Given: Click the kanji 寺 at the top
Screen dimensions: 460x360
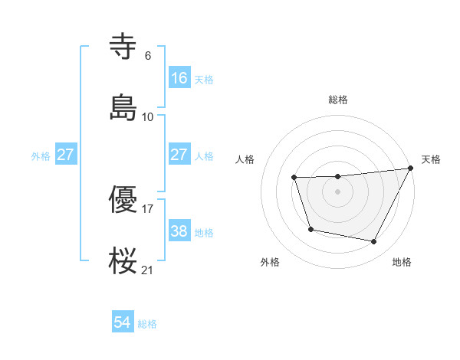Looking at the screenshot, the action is (124, 48).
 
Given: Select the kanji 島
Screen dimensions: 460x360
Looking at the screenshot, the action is (124, 106).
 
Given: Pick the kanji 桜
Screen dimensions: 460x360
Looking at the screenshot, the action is (124, 259).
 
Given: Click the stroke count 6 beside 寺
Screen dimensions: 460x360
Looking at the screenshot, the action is (148, 56).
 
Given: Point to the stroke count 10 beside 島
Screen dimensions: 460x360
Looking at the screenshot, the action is (148, 116).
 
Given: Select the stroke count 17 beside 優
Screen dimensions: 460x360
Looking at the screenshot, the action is (148, 208).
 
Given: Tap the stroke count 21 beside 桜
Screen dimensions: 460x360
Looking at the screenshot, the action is (148, 269).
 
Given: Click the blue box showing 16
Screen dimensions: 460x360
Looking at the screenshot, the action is (179, 77).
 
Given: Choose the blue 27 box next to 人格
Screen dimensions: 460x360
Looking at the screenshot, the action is (179, 155).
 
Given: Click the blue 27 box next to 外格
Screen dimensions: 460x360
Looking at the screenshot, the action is (66, 155).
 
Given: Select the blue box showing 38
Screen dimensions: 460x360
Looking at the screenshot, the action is (179, 231).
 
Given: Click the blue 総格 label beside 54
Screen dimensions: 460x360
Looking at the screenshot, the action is (147, 324).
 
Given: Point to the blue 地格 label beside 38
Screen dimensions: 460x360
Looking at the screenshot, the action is (204, 232).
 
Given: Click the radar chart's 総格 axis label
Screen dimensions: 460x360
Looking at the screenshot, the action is (338, 100).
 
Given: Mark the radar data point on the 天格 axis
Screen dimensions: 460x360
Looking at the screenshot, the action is (411, 168).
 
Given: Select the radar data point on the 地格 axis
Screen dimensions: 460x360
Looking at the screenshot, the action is (374, 242).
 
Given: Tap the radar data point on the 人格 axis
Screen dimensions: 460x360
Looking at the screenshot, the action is (294, 178).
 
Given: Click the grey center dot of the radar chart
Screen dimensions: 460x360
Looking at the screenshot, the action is (338, 191).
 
